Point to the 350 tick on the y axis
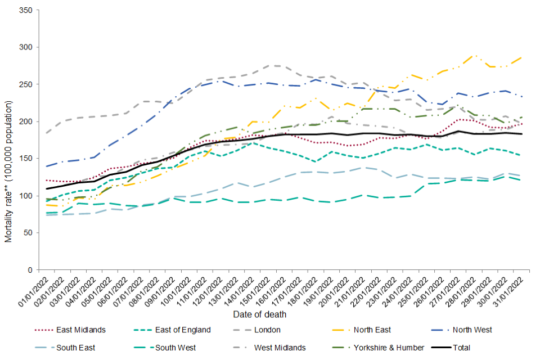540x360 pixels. coord(26,10)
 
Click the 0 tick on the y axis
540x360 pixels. coord(30,270)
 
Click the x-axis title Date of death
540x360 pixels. coord(260,314)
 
